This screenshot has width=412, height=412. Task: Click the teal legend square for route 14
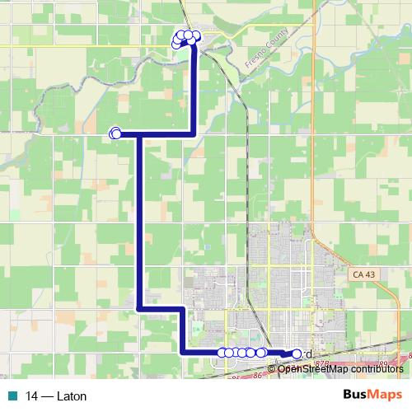tap(12, 396)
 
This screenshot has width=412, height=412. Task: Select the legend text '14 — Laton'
tap(56, 396)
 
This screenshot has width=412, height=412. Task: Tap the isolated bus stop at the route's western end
tap(115, 133)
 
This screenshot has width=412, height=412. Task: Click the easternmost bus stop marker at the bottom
tap(297, 353)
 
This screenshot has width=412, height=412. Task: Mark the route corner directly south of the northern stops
tap(194, 133)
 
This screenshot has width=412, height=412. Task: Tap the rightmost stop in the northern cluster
tap(196, 35)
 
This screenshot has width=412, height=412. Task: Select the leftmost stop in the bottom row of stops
tap(221, 353)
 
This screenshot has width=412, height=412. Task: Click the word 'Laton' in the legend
tap(72, 396)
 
